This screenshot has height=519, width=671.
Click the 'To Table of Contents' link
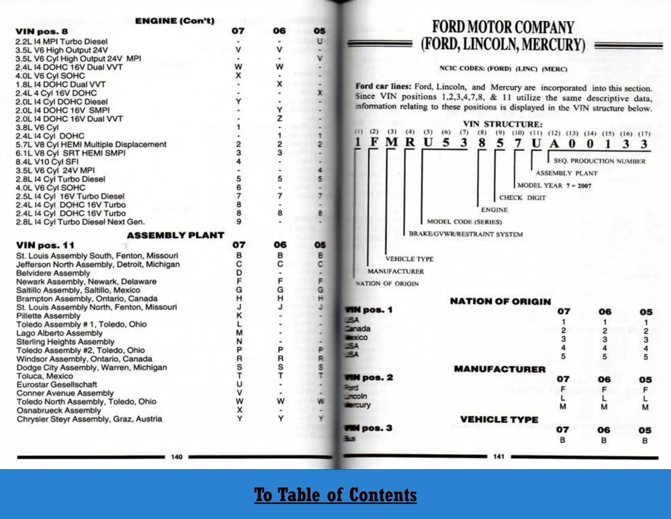[x=335, y=495]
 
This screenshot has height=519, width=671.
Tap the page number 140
[x=177, y=457]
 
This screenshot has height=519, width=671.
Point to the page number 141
[x=499, y=456]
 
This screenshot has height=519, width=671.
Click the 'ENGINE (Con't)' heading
[x=175, y=21]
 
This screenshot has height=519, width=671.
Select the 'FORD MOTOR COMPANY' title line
[x=503, y=27]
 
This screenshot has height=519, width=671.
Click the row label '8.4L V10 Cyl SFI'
[x=47, y=162]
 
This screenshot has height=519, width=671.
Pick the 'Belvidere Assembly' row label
[x=53, y=273]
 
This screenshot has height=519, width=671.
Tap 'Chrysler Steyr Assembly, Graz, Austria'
[x=89, y=419]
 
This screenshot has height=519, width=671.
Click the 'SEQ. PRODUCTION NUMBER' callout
[x=599, y=161]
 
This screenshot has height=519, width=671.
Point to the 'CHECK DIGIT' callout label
[x=522, y=198]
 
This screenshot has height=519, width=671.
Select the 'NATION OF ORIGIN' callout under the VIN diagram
[x=387, y=284]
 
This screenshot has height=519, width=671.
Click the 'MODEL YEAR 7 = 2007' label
[x=554, y=186]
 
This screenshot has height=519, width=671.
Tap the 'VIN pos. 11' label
[x=45, y=245]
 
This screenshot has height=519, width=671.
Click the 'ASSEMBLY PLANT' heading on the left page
[x=175, y=235]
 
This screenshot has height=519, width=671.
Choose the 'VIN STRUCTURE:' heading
[x=502, y=124]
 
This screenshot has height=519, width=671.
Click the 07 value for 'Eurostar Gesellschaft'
[x=239, y=384]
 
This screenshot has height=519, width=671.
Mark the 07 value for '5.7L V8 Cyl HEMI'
[x=239, y=144]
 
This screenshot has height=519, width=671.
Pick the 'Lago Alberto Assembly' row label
[x=60, y=333]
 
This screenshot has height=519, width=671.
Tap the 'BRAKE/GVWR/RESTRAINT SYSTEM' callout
[x=466, y=234]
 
